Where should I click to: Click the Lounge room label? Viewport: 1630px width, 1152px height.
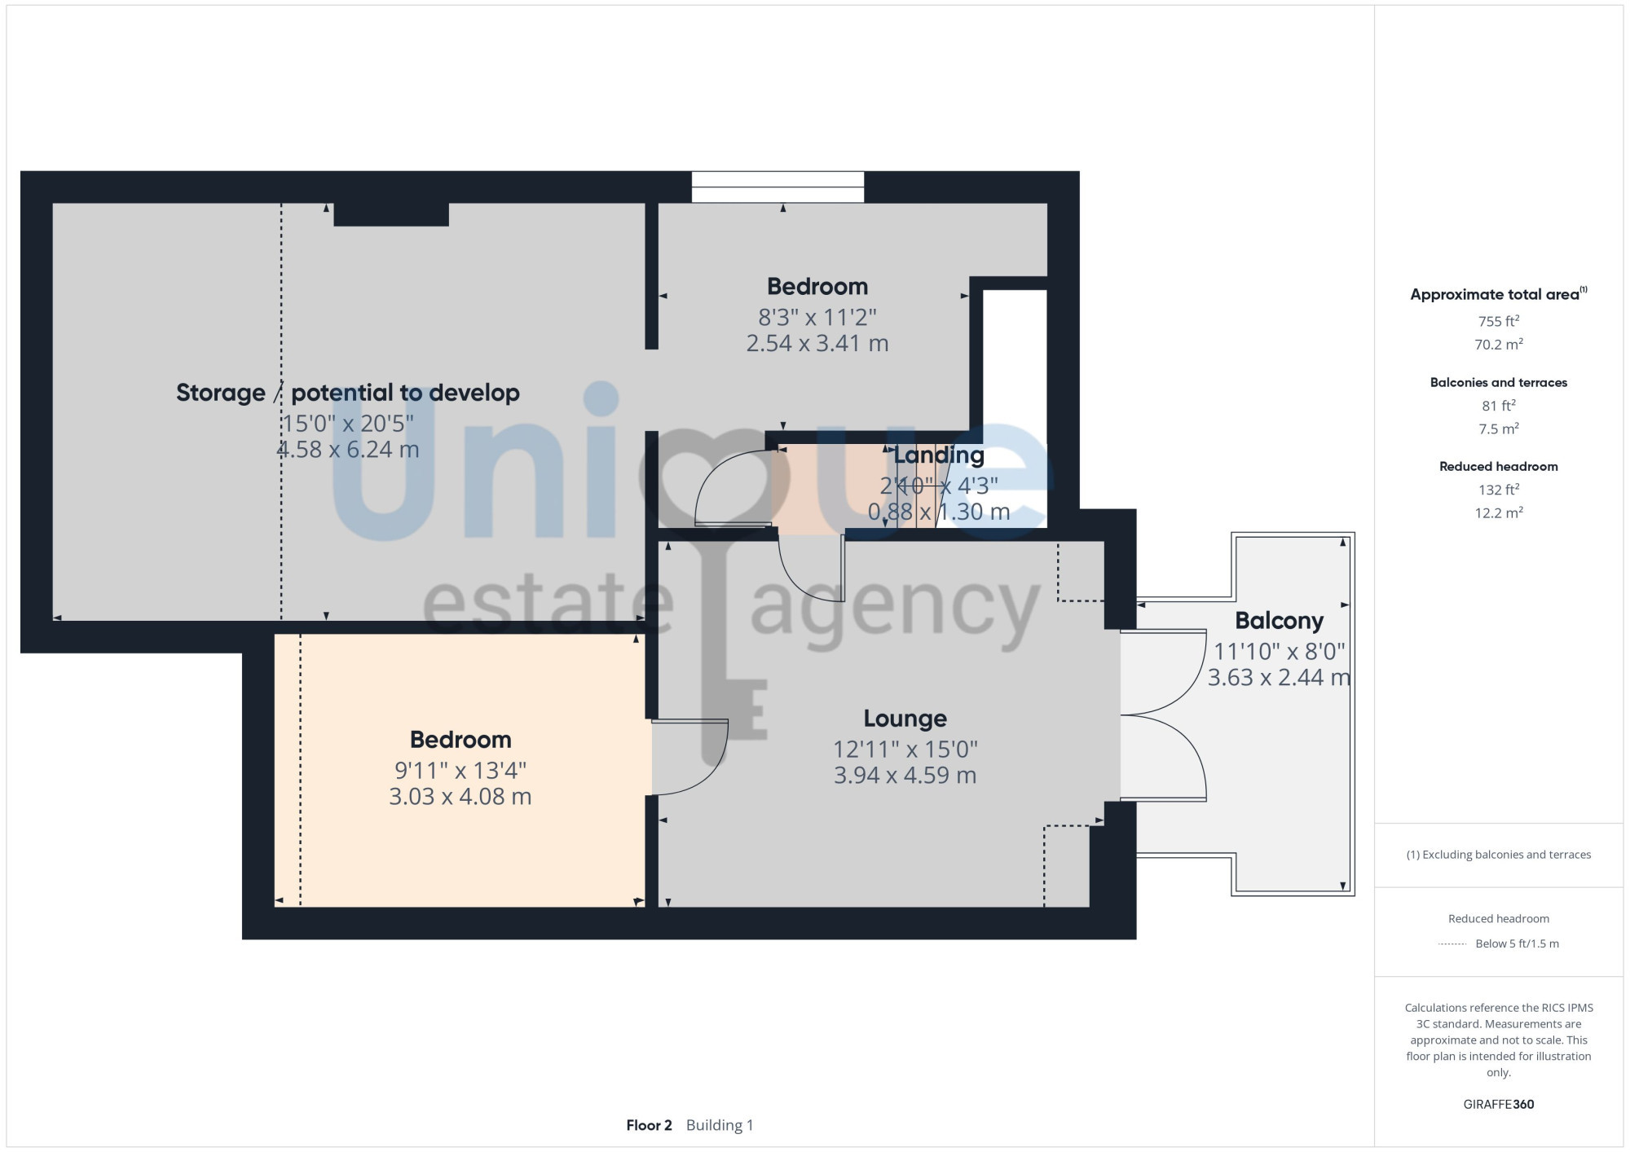click(905, 719)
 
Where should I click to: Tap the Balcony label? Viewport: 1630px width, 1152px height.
click(1279, 621)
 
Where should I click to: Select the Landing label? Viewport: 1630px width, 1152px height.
click(939, 455)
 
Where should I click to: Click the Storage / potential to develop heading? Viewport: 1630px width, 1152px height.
click(348, 393)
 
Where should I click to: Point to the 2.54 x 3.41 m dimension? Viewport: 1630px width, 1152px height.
click(817, 343)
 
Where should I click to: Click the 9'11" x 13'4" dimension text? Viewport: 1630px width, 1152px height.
click(460, 770)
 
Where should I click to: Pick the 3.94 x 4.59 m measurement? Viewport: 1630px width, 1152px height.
click(905, 775)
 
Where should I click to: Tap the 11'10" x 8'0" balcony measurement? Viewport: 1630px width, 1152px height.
click(1279, 651)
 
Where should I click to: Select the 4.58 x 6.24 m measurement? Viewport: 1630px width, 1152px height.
click(348, 449)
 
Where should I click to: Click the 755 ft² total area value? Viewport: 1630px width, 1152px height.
click(1499, 321)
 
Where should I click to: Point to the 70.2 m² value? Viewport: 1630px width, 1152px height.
click(1499, 344)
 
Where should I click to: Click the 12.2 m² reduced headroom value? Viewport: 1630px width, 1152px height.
click(1499, 512)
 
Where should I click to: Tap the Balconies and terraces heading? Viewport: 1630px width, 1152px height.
click(1499, 382)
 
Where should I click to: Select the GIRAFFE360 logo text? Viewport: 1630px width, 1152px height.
click(1499, 1105)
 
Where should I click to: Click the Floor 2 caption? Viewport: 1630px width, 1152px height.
click(649, 1125)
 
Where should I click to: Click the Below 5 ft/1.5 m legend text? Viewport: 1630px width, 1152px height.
click(1517, 943)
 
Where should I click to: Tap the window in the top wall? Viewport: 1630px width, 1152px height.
click(778, 187)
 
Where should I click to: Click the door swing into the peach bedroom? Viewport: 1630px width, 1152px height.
click(689, 757)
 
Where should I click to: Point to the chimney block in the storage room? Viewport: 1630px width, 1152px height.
click(391, 214)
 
